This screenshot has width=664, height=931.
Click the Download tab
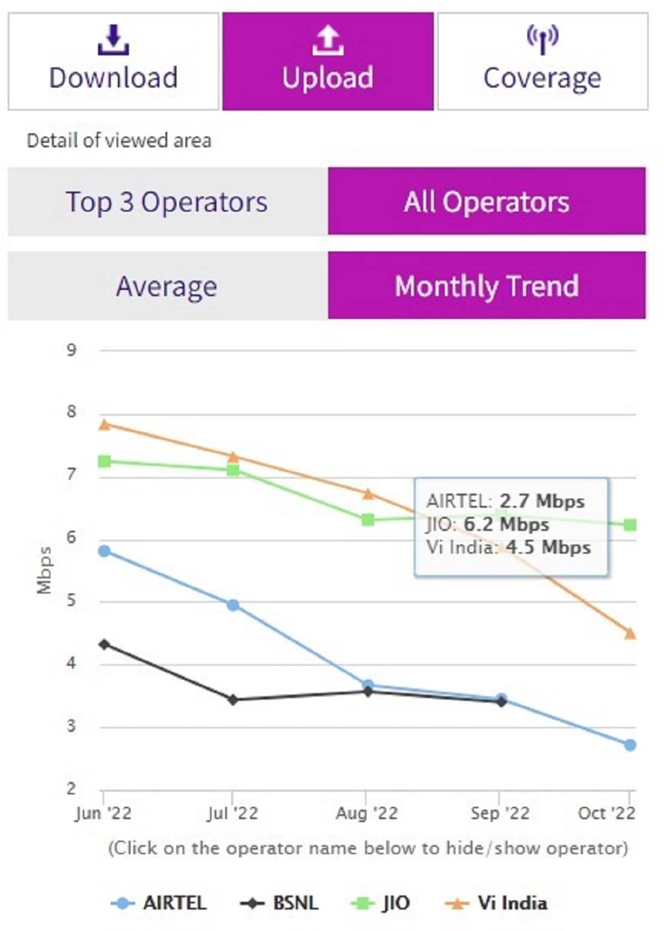113,61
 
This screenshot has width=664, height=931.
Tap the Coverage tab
542,61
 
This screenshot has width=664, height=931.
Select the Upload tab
328,61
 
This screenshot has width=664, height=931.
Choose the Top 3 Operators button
167,202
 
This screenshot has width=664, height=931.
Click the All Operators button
486,201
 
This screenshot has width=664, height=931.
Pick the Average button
167,286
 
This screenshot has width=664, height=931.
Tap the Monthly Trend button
486,286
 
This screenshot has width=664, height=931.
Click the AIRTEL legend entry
159,903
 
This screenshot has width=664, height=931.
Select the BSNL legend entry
280,903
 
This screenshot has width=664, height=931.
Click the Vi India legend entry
497,903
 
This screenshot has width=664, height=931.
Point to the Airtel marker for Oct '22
630,745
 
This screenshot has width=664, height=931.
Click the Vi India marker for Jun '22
104,425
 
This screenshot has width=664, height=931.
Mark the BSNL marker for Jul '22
233,700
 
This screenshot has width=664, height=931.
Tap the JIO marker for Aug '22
368,519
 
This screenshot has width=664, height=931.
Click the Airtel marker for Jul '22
233,605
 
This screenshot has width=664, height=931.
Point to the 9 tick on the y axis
71,350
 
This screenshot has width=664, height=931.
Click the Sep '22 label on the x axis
500,813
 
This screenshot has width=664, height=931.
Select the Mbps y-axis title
44,570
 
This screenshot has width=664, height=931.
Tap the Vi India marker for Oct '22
630,633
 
